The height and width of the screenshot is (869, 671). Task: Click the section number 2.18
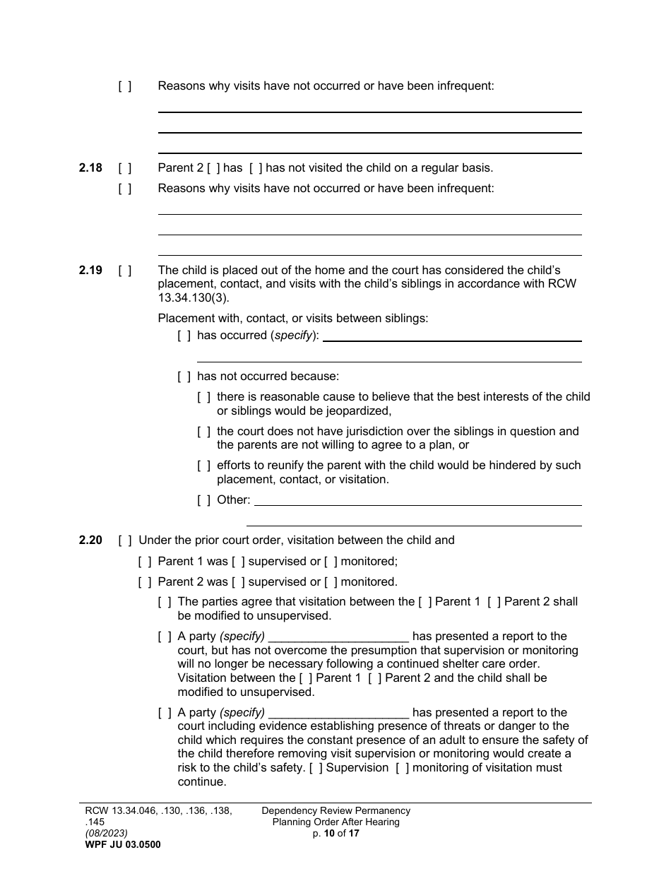[90, 168]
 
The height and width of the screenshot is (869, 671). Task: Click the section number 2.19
[90, 271]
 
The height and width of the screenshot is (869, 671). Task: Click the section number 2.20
[90, 540]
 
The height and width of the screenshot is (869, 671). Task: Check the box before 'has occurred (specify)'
[184, 336]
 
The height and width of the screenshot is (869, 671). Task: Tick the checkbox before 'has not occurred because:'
[184, 377]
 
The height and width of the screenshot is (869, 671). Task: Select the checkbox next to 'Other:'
[203, 500]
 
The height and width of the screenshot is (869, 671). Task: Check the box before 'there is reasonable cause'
[203, 397]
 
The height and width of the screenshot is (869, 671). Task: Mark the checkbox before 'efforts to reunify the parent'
[203, 466]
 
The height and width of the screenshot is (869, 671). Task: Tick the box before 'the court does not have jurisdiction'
[203, 432]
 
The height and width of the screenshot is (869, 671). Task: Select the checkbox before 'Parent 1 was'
[144, 562]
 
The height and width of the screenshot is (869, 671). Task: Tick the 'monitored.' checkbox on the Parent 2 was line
[331, 582]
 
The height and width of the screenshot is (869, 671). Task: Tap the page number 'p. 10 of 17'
[335, 834]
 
